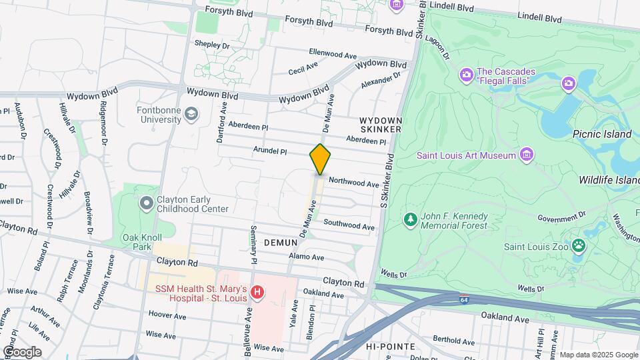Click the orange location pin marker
coord(320,159)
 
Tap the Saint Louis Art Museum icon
coord(527,155)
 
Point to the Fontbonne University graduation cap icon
coord(191,114)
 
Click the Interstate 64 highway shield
coord(463,301)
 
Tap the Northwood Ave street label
coord(354,182)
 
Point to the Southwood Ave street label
coord(349,225)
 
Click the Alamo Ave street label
coord(307,257)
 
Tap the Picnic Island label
coord(601,134)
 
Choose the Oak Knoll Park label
coord(137,241)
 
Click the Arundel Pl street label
coord(270,151)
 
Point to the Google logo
coord(22,351)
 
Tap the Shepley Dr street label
coord(212,45)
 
